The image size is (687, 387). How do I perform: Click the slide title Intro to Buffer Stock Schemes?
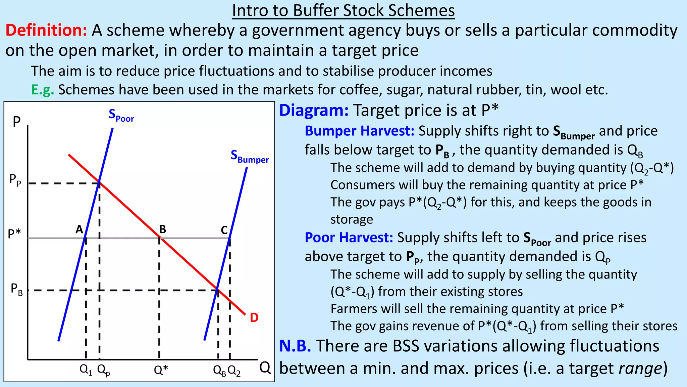pos(343,11)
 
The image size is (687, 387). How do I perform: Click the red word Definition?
pos(46,30)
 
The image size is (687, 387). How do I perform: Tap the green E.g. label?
pos(42,90)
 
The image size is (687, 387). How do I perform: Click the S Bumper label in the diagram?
pos(250,157)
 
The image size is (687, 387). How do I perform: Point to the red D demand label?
pos(254,317)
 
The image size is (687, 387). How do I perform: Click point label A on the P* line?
pos(79,229)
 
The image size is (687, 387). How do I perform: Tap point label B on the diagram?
pos(163,229)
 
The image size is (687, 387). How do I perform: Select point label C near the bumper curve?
pos(224,230)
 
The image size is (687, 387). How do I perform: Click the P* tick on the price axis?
pos(14,233)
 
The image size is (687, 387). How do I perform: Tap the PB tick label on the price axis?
pos(16,289)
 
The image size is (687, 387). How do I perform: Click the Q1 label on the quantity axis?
pos(86,370)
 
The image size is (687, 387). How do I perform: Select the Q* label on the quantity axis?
pos(161,370)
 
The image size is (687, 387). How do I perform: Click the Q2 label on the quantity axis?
pos(234,371)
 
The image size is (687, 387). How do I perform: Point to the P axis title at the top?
pos(16,122)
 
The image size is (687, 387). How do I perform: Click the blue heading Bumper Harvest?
pos(360,131)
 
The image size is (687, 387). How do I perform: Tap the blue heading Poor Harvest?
pos(349,238)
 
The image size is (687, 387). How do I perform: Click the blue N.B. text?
pos(295,346)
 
